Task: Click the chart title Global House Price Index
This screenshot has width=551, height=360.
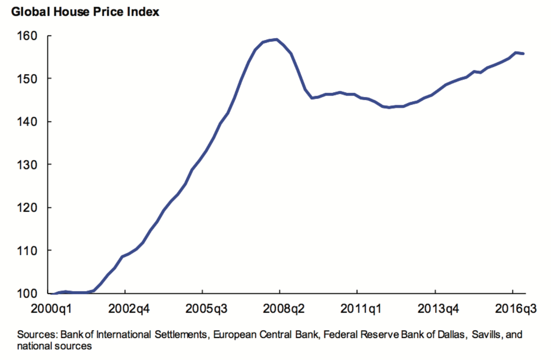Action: [x=85, y=12]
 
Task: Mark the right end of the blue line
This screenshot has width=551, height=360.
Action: [x=524, y=53]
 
